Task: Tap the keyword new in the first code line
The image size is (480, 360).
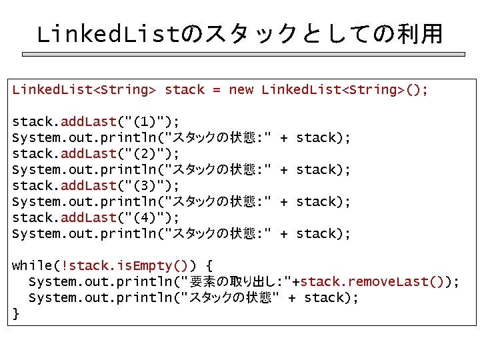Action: coord(241,89)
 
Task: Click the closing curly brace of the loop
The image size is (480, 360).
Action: coord(16,313)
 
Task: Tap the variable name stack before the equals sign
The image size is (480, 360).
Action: coord(185,89)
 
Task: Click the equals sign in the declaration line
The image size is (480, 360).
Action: coord(216,89)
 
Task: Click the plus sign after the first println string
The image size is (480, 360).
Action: coord(284,137)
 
